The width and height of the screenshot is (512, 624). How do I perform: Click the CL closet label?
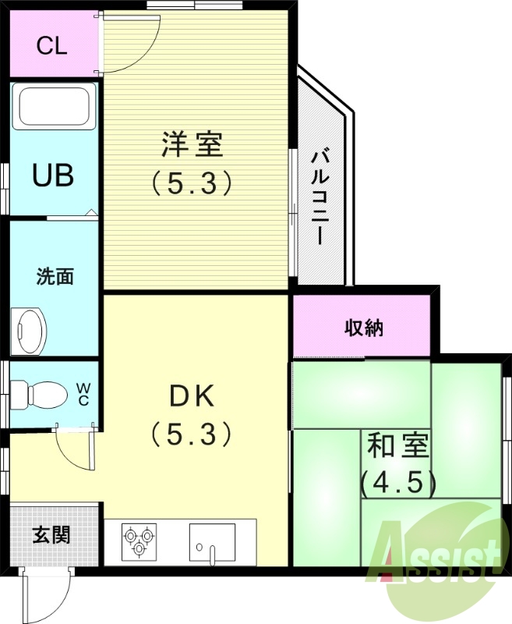pyautogui.click(x=52, y=44)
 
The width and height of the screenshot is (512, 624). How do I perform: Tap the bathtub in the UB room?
pyautogui.click(x=54, y=108)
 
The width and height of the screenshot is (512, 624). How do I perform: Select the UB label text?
pyautogui.click(x=53, y=175)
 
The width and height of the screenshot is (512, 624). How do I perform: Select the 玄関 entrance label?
pyautogui.click(x=51, y=534)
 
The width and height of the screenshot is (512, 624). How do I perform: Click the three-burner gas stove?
pyautogui.click(x=139, y=541)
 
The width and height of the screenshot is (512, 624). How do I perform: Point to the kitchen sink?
pyautogui.click(x=212, y=541)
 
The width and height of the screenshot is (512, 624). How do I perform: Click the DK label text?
pyautogui.click(x=192, y=396)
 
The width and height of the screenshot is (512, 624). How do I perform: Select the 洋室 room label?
pyautogui.click(x=192, y=145)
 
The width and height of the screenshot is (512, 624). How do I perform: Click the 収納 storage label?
pyautogui.click(x=364, y=328)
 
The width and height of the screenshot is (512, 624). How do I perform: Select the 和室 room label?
pyautogui.click(x=397, y=447)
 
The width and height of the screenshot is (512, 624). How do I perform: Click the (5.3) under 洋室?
pyautogui.click(x=192, y=183)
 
